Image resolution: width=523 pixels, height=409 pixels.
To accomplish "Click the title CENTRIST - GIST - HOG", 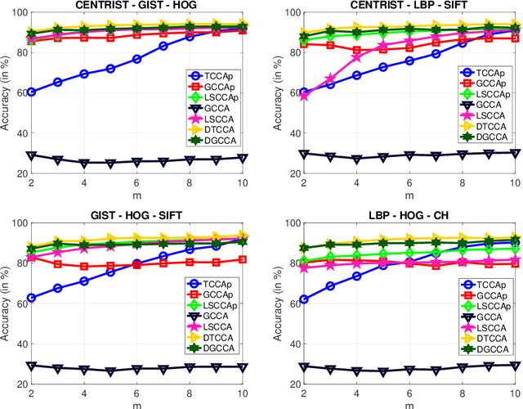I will [136, 5].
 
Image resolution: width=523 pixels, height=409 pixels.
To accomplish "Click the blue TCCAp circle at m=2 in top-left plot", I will [31, 92].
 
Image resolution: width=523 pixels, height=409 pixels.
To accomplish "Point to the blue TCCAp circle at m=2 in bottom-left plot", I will [31, 298].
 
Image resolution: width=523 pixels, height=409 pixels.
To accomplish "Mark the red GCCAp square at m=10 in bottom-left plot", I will [243, 259].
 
